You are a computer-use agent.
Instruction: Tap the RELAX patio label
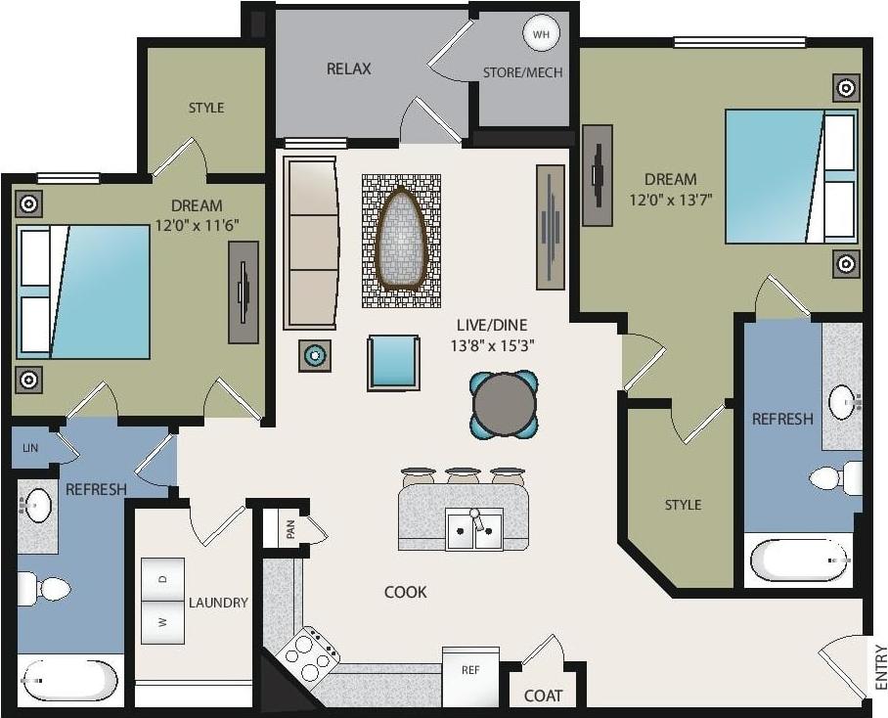tap(348, 69)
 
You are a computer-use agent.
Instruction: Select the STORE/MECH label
tap(522, 73)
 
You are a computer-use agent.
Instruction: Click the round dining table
tap(504, 402)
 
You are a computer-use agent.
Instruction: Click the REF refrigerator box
tap(470, 670)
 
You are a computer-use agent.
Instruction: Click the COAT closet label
tap(543, 696)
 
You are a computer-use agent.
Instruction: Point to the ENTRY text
tap(880, 666)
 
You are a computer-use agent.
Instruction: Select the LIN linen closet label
tap(29, 447)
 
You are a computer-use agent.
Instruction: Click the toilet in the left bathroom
tap(45, 589)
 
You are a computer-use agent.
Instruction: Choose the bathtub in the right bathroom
tap(798, 561)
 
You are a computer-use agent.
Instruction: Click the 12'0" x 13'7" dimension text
tap(670, 200)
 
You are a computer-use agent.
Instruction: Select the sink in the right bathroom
tap(843, 402)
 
